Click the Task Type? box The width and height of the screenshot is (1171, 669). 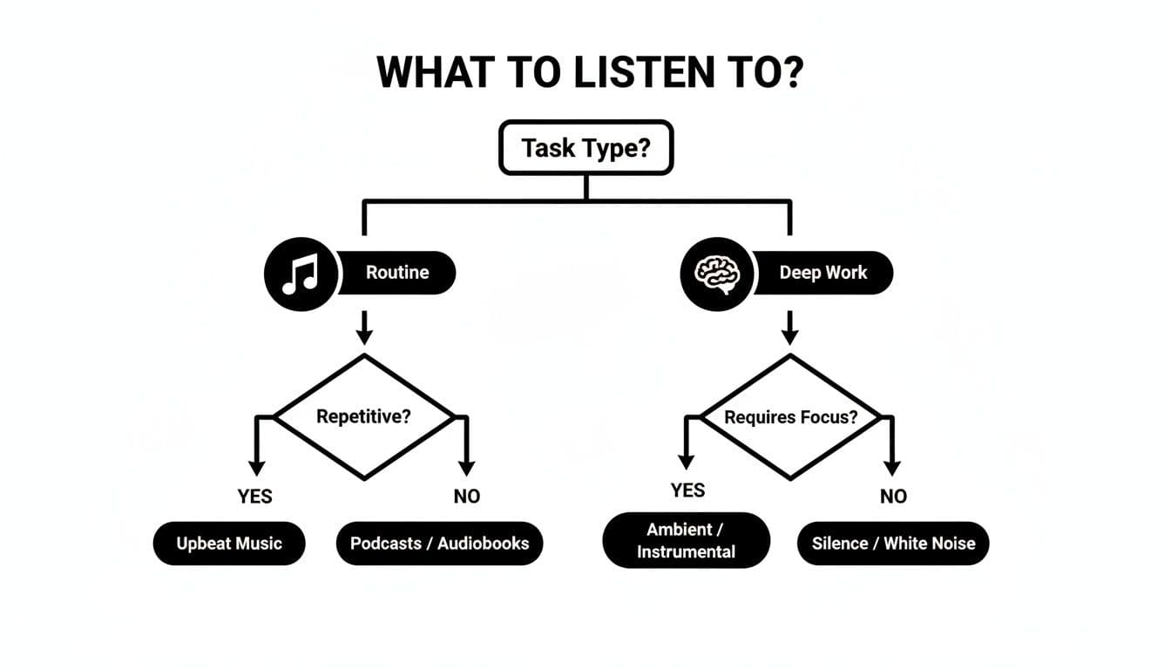(585, 147)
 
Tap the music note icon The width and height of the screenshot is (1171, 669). (300, 274)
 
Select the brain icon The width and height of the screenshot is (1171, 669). (715, 274)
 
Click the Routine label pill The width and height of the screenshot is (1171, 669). (397, 272)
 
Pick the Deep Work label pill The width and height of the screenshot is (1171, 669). (822, 272)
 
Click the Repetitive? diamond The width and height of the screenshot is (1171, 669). (364, 416)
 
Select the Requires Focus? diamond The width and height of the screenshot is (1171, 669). (790, 416)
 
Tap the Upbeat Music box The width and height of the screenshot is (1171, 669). (229, 544)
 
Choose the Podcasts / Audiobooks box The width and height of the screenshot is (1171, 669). (439, 544)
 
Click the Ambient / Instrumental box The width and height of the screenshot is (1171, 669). (686, 540)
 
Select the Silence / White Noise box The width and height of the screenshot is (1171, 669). (893, 544)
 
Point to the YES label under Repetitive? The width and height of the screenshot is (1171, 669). (254, 497)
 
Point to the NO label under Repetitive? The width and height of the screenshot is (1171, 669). (467, 497)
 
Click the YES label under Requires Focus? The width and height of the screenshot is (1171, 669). (688, 490)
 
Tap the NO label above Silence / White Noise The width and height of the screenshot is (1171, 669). (893, 497)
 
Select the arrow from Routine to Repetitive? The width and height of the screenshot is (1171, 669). (365, 327)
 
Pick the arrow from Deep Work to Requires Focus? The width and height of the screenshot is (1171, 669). (790, 327)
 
